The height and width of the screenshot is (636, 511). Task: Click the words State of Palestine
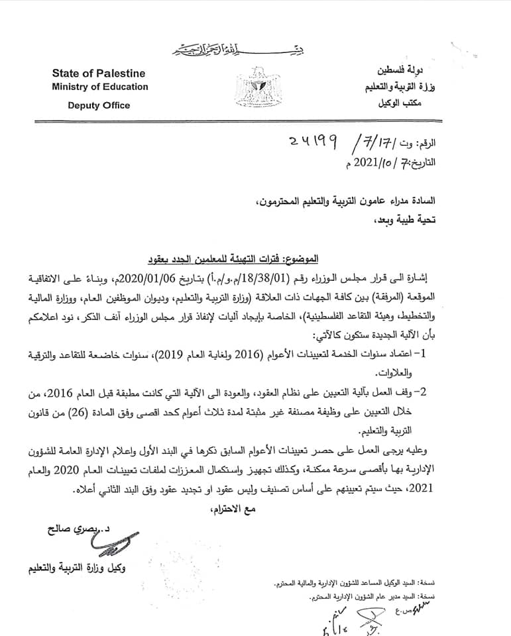point(98,74)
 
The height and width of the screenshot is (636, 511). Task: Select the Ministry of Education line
point(100,87)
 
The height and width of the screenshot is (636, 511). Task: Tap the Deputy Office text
point(99,105)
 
